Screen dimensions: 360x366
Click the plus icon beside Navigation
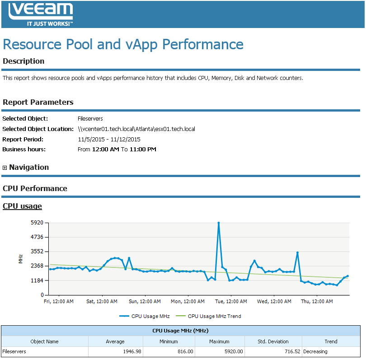[5, 168]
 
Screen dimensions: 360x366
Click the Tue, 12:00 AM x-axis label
[230, 301]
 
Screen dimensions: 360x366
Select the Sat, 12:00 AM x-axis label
[102, 301]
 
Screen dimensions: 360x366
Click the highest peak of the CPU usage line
[219, 223]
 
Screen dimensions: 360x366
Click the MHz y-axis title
[21, 259]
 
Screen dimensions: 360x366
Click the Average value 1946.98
[113, 351]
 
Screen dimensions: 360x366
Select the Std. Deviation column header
[273, 341]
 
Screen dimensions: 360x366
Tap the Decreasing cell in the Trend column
[315, 351]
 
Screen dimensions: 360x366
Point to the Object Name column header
[44, 341]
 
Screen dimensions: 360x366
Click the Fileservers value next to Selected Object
[90, 119]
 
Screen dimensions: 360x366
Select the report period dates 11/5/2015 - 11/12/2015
[109, 139]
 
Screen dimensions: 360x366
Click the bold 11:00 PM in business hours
[143, 149]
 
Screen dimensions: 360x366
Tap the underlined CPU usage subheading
[22, 206]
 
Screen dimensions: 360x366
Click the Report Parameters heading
[38, 102]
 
